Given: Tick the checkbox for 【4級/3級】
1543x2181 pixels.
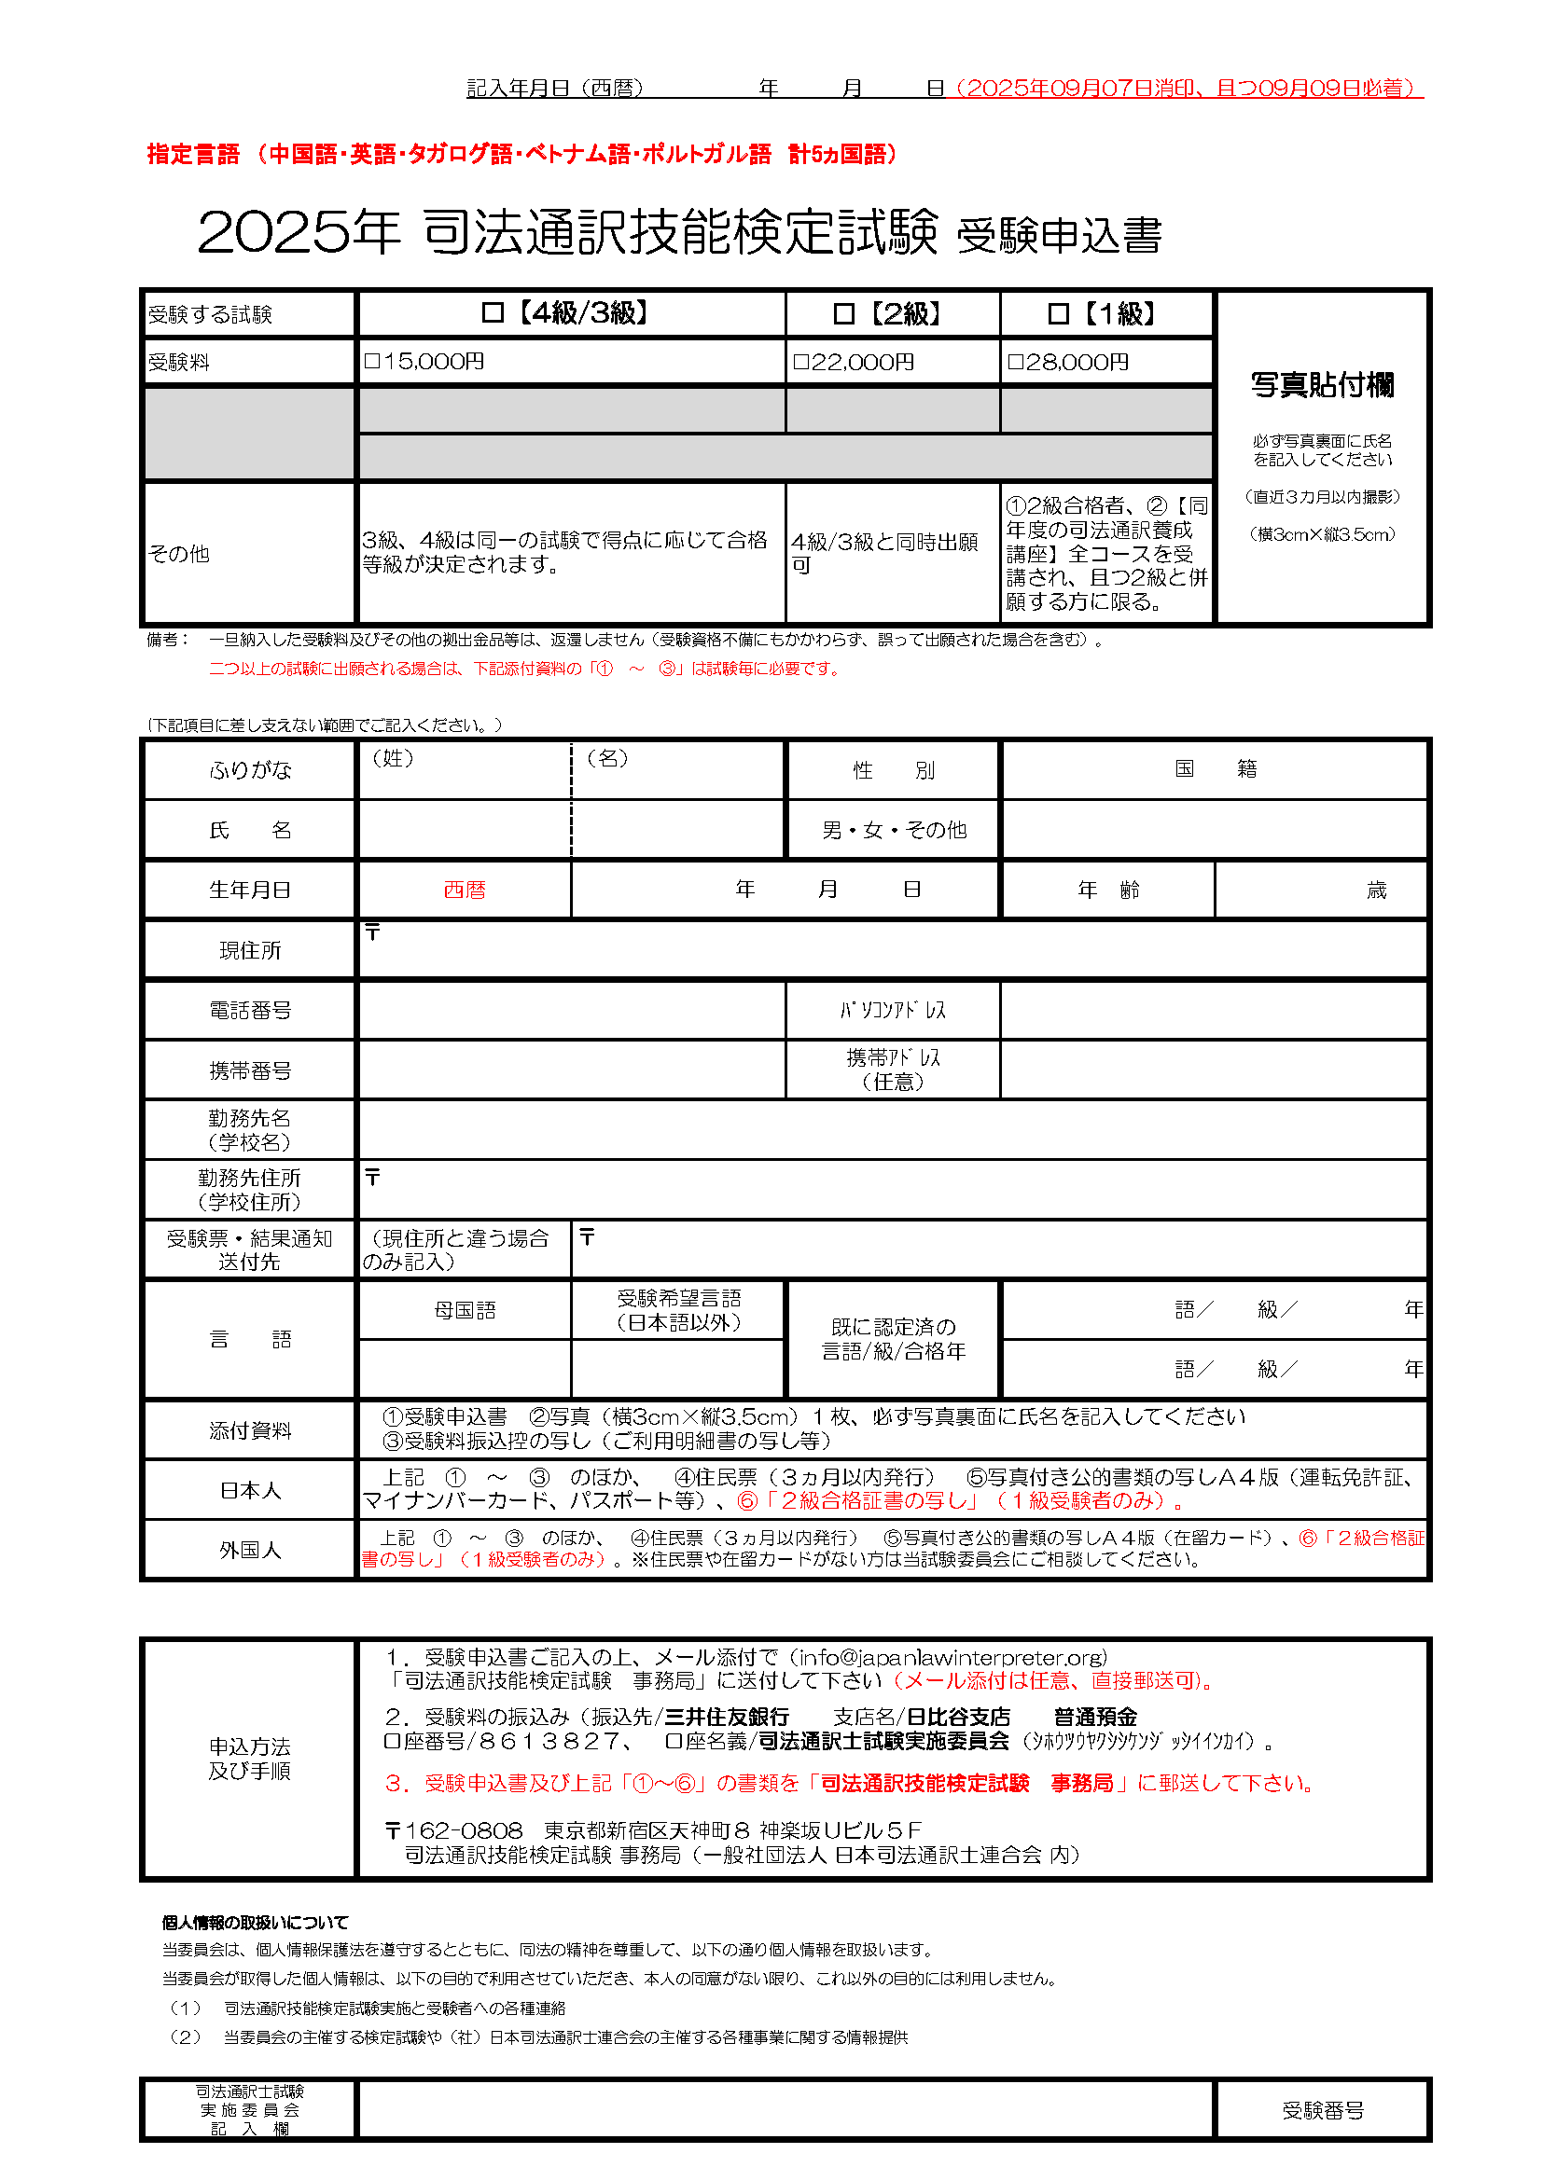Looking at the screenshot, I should [493, 312].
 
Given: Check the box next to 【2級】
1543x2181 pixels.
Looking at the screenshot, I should [842, 313].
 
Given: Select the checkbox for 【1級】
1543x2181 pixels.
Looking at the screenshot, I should [1058, 313].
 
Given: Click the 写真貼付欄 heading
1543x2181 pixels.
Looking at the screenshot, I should [1322, 385].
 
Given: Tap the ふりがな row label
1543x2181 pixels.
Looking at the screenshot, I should [250, 769].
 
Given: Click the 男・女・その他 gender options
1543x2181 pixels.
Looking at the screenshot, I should [893, 830].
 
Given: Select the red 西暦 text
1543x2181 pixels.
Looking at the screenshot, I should [465, 890].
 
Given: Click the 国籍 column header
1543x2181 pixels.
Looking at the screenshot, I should [1215, 768].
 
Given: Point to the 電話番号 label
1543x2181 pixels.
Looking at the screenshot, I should [250, 1011].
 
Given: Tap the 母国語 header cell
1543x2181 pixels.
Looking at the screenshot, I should [465, 1311].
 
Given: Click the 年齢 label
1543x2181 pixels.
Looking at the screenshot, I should [1108, 890].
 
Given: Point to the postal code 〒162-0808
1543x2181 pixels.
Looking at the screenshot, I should [454, 1830].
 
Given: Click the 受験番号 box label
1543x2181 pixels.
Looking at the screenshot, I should [1323, 2111].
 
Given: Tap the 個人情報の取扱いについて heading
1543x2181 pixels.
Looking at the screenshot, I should [255, 1923].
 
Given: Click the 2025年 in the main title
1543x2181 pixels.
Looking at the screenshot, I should [298, 232].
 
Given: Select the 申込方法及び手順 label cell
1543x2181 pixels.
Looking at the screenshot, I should [250, 1759].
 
